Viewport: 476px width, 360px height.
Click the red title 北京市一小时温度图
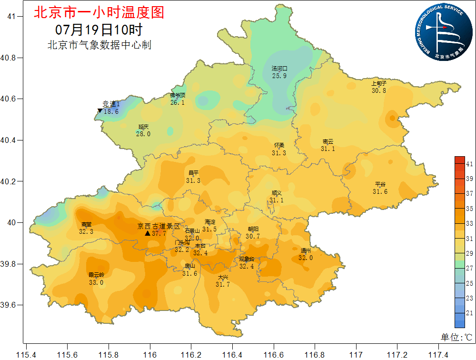(99, 12)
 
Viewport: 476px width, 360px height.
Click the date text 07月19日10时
(99, 30)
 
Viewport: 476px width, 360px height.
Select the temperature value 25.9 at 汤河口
(279, 76)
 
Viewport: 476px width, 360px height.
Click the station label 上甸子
(379, 83)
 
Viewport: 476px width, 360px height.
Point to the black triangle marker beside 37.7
(148, 233)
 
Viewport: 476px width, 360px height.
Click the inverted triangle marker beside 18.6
(99, 111)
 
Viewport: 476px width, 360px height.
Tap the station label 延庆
(143, 127)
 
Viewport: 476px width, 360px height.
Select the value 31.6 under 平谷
(380, 191)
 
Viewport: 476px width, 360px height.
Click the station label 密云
(327, 142)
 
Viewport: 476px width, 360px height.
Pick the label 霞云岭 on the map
(96, 275)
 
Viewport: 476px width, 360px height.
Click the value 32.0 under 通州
(306, 258)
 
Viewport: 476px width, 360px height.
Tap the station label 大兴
(223, 278)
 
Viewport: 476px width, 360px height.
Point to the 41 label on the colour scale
(469, 164)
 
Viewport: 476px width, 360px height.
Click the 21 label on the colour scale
(469, 313)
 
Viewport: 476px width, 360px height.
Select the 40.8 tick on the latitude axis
(9, 58)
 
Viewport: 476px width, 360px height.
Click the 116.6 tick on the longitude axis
(274, 355)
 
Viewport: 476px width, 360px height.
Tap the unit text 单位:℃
(456, 337)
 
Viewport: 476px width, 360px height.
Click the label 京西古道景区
(159, 226)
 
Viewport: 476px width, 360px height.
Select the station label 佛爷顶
(178, 95)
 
